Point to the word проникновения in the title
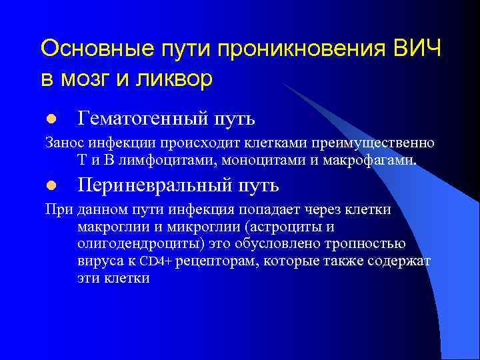point(290,49)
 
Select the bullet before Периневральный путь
point(50,185)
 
